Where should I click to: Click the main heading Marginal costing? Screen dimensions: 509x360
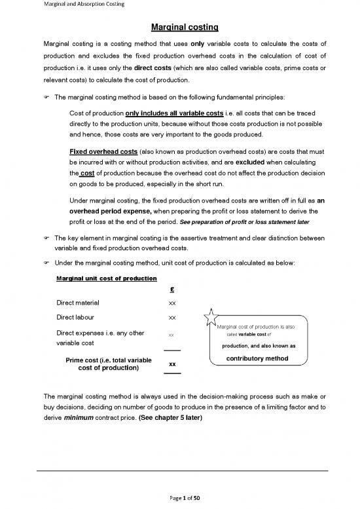(180, 28)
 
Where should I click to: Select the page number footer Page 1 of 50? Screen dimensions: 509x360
(180, 498)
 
